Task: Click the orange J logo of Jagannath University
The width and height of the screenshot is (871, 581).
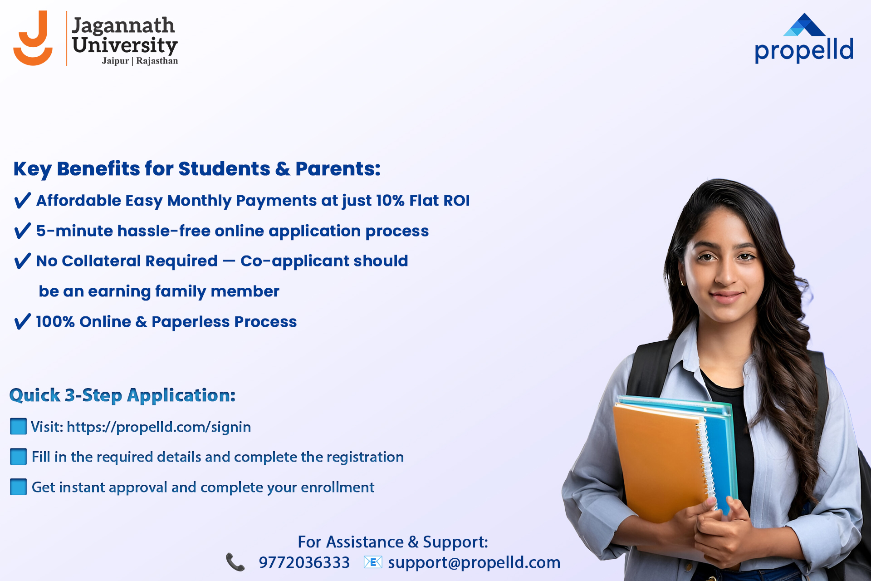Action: click(x=33, y=39)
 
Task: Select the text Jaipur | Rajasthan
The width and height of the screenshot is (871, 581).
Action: click(x=140, y=61)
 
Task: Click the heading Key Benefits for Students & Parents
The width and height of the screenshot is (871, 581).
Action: click(x=197, y=169)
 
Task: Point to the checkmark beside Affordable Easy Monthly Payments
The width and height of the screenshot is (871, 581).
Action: click(x=23, y=200)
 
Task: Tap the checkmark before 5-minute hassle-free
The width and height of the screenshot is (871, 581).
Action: click(x=23, y=231)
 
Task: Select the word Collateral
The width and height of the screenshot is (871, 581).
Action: click(x=140, y=261)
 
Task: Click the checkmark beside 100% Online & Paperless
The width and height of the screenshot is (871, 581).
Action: click(x=23, y=321)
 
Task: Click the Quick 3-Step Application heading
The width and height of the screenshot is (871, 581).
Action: click(x=122, y=395)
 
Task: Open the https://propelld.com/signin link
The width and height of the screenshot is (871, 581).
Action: click(x=159, y=427)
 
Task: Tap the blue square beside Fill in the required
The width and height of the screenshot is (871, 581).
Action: click(x=18, y=457)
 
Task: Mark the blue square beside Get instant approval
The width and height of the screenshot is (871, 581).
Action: click(x=18, y=487)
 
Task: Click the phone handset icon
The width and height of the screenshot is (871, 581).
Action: click(x=235, y=562)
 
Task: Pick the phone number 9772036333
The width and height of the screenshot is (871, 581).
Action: click(x=304, y=563)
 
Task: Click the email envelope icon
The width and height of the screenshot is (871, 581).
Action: click(x=373, y=562)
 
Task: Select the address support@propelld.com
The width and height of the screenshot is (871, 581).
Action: click(x=474, y=563)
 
